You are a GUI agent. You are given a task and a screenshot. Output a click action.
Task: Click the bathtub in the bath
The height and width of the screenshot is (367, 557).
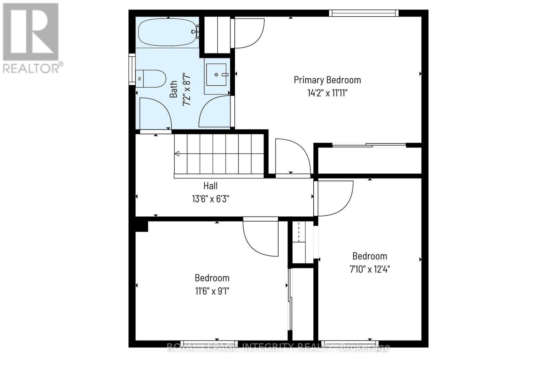click(168, 32)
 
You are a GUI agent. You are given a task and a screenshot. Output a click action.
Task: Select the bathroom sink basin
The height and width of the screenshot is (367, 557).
click(217, 74)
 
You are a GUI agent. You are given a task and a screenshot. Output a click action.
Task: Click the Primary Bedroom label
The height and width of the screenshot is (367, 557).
click(327, 80)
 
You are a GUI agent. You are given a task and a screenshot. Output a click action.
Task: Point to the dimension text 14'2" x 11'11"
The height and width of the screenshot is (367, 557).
click(327, 93)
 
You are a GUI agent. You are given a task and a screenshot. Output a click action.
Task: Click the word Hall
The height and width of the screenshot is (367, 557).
click(210, 186)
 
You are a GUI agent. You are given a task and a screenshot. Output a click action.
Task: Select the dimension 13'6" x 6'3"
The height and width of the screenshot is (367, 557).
click(210, 199)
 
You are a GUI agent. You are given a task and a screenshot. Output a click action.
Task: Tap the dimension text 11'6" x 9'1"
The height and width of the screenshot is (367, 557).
click(212, 291)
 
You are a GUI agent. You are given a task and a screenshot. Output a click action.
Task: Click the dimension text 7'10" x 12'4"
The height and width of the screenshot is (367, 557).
click(370, 269)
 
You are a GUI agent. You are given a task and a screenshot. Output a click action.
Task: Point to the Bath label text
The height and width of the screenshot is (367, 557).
click(173, 89)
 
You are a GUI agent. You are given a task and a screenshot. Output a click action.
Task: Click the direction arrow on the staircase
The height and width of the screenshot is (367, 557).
click(177, 153)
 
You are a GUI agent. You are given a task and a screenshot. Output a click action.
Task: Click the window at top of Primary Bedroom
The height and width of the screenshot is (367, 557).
click(363, 13)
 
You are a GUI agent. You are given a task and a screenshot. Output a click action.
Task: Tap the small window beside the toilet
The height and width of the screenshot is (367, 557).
click(132, 69)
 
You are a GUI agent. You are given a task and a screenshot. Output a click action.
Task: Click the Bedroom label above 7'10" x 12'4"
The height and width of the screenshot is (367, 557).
click(370, 256)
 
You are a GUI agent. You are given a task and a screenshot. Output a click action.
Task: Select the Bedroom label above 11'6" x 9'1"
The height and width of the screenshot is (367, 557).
click(212, 278)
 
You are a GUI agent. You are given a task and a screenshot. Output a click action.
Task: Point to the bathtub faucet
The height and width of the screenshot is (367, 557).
click(195, 32)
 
